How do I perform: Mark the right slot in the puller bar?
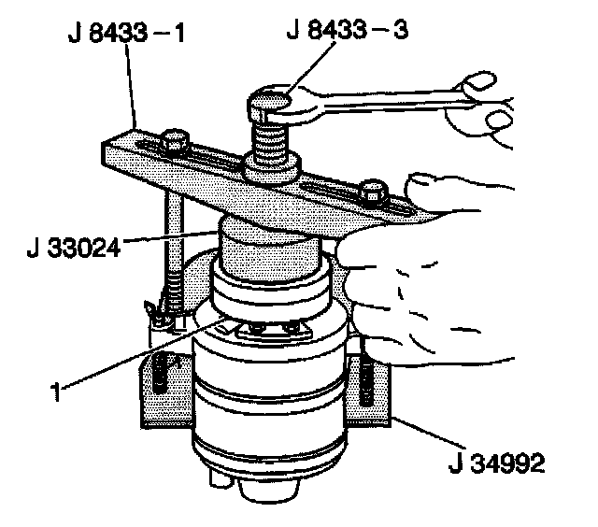click(346, 192)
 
